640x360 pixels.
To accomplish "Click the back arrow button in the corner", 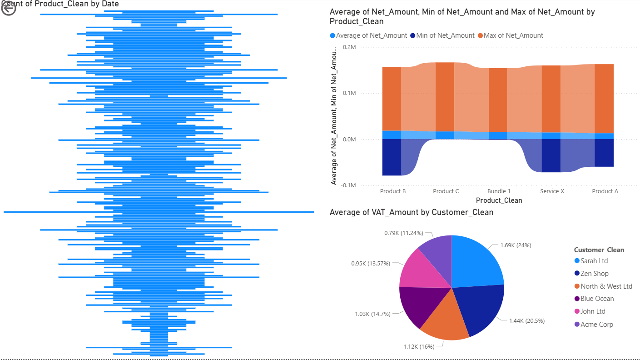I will (x=9, y=9).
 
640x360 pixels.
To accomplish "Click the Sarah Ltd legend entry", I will (x=594, y=261).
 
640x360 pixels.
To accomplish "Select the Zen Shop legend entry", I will (x=594, y=274).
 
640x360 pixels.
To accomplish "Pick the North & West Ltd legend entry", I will (x=606, y=286).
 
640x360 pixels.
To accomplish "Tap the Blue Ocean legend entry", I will (x=597, y=299).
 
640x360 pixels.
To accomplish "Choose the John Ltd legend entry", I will (x=593, y=311).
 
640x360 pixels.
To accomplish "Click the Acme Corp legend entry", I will (x=596, y=325).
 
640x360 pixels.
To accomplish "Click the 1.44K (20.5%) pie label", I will (x=526, y=320).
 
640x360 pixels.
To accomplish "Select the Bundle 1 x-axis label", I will (x=499, y=191).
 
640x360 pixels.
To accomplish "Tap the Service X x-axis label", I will (x=552, y=191).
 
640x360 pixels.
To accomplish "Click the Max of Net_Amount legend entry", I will (x=513, y=35).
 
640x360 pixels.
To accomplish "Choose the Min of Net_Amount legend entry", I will (x=445, y=35).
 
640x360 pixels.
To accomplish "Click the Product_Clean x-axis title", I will (x=499, y=200).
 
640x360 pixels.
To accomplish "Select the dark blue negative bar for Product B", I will (x=392, y=157).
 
